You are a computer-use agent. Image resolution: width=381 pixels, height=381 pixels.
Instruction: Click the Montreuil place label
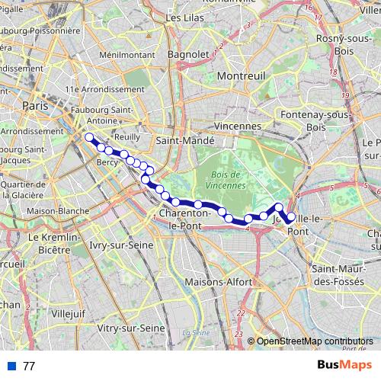point(240,77)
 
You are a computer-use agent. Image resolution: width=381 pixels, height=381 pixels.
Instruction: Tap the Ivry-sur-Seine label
point(121,245)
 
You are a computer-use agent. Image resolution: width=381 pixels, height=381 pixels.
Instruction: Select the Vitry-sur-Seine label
point(132,328)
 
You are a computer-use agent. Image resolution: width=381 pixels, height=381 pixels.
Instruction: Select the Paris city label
point(35,106)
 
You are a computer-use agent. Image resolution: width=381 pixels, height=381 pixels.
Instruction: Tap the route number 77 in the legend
point(29,367)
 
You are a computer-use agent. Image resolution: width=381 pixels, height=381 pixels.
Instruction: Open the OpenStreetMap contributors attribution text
point(315,341)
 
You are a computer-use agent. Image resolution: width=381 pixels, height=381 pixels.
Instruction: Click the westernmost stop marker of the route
point(90,137)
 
